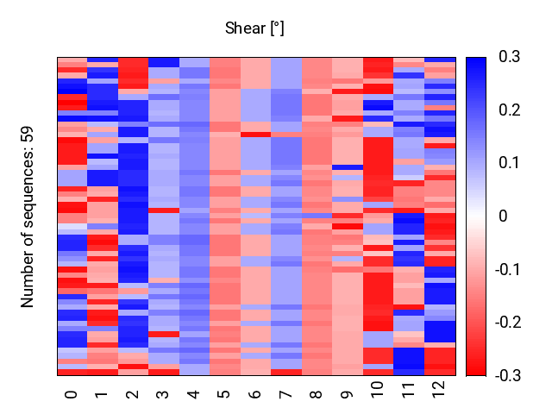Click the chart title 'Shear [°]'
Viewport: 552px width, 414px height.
pyautogui.click(x=254, y=28)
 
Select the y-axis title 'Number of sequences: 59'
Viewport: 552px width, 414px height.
pyautogui.click(x=27, y=216)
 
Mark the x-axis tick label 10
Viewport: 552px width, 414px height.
pyautogui.click(x=378, y=389)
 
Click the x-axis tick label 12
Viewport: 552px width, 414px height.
pyautogui.click(x=439, y=389)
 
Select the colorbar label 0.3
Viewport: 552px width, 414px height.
pyautogui.click(x=509, y=56)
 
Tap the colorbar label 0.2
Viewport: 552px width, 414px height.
pyautogui.click(x=509, y=110)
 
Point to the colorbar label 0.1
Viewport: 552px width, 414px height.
pyautogui.click(x=509, y=163)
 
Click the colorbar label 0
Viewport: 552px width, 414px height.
pyautogui.click(x=503, y=216)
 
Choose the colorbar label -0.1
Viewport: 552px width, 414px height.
pyautogui.click(x=508, y=270)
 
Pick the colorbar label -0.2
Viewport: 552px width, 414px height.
pyautogui.click(x=508, y=323)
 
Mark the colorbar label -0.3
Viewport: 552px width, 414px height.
pyautogui.click(x=508, y=376)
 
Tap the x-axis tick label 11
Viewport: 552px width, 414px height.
pyautogui.click(x=408, y=389)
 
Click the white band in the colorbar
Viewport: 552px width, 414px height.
pyautogui.click(x=476, y=216)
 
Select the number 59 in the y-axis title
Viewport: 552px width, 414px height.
pyautogui.click(x=27, y=135)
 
